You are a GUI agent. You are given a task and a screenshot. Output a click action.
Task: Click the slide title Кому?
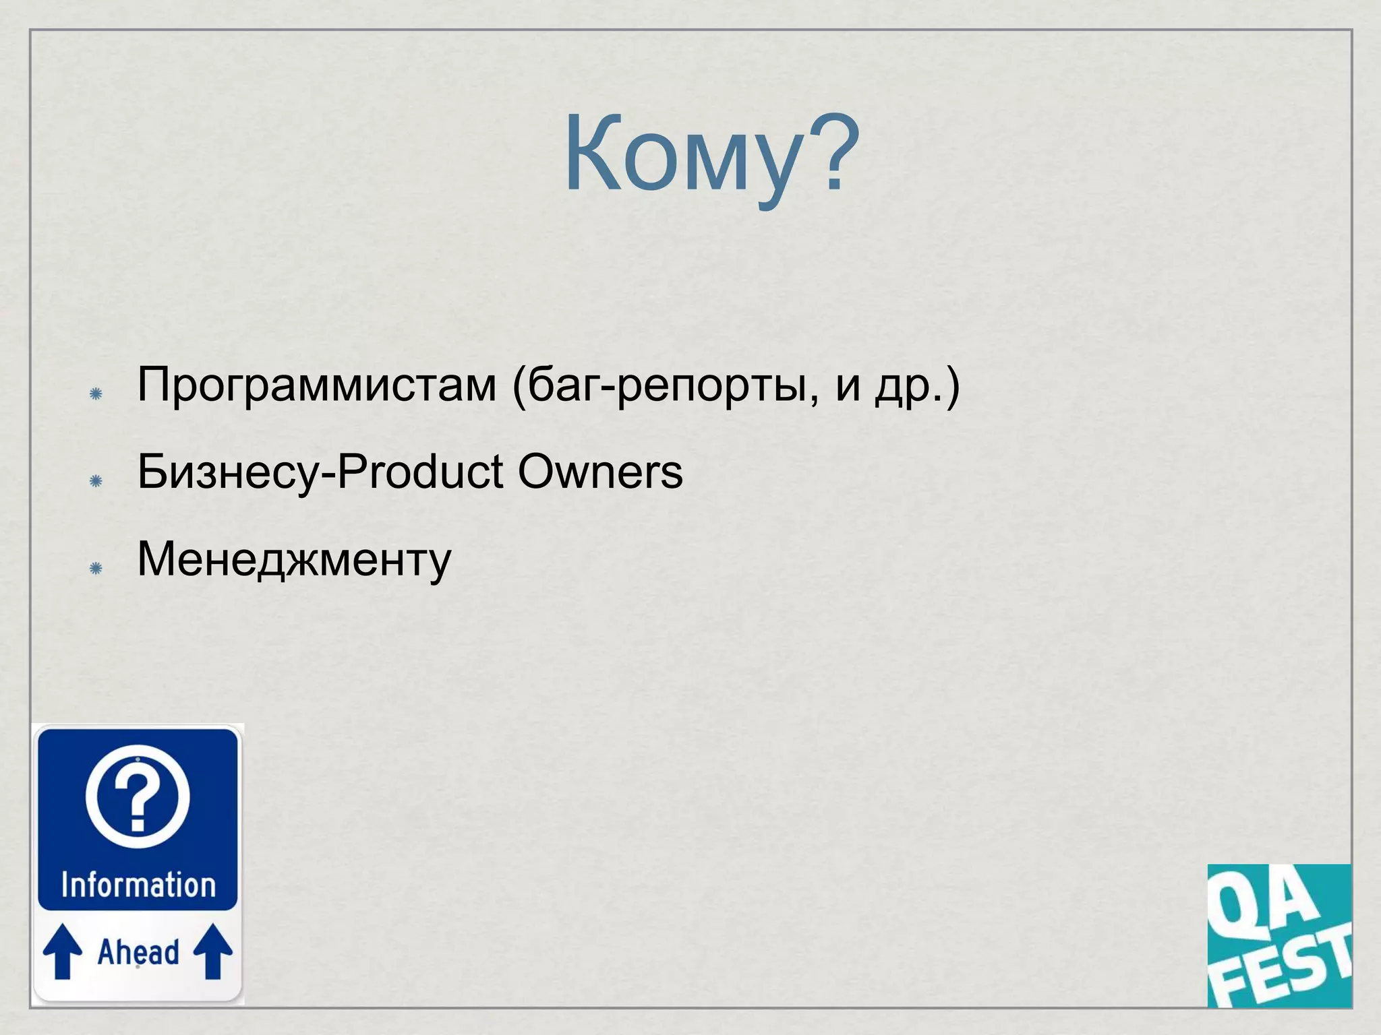pyautogui.click(x=711, y=155)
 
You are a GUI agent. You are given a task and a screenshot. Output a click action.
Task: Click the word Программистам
pyautogui.click(x=317, y=385)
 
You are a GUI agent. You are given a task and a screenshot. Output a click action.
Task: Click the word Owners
pyautogui.click(x=600, y=472)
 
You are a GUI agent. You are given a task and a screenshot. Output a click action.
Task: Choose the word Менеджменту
pyautogui.click(x=294, y=560)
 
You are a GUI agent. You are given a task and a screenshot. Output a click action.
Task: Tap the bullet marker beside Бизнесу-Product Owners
pyautogui.click(x=96, y=481)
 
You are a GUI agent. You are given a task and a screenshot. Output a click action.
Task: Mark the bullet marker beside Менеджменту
pyautogui.click(x=96, y=569)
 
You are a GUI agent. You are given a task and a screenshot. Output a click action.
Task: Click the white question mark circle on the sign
pyautogui.click(x=138, y=796)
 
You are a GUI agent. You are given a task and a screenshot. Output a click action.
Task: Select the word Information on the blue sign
pyautogui.click(x=138, y=885)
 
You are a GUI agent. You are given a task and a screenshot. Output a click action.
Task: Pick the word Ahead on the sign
pyautogui.click(x=138, y=952)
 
